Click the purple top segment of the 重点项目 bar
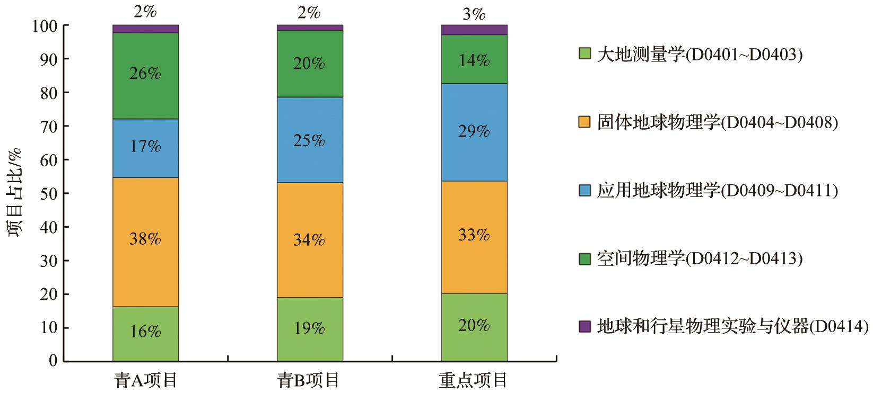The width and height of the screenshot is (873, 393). click(474, 30)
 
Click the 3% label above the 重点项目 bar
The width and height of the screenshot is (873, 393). click(474, 14)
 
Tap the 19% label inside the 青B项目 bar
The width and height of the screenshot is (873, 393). click(310, 328)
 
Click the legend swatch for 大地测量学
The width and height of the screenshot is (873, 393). click(585, 54)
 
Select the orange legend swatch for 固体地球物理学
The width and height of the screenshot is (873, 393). click(585, 123)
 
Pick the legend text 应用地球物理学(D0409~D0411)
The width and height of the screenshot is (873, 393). click(717, 191)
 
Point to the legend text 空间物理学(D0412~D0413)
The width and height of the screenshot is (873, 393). click(700, 259)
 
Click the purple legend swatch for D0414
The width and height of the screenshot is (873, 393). click(585, 327)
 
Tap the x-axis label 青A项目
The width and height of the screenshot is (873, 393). click(145, 380)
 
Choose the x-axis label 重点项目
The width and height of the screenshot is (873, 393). click(474, 380)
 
